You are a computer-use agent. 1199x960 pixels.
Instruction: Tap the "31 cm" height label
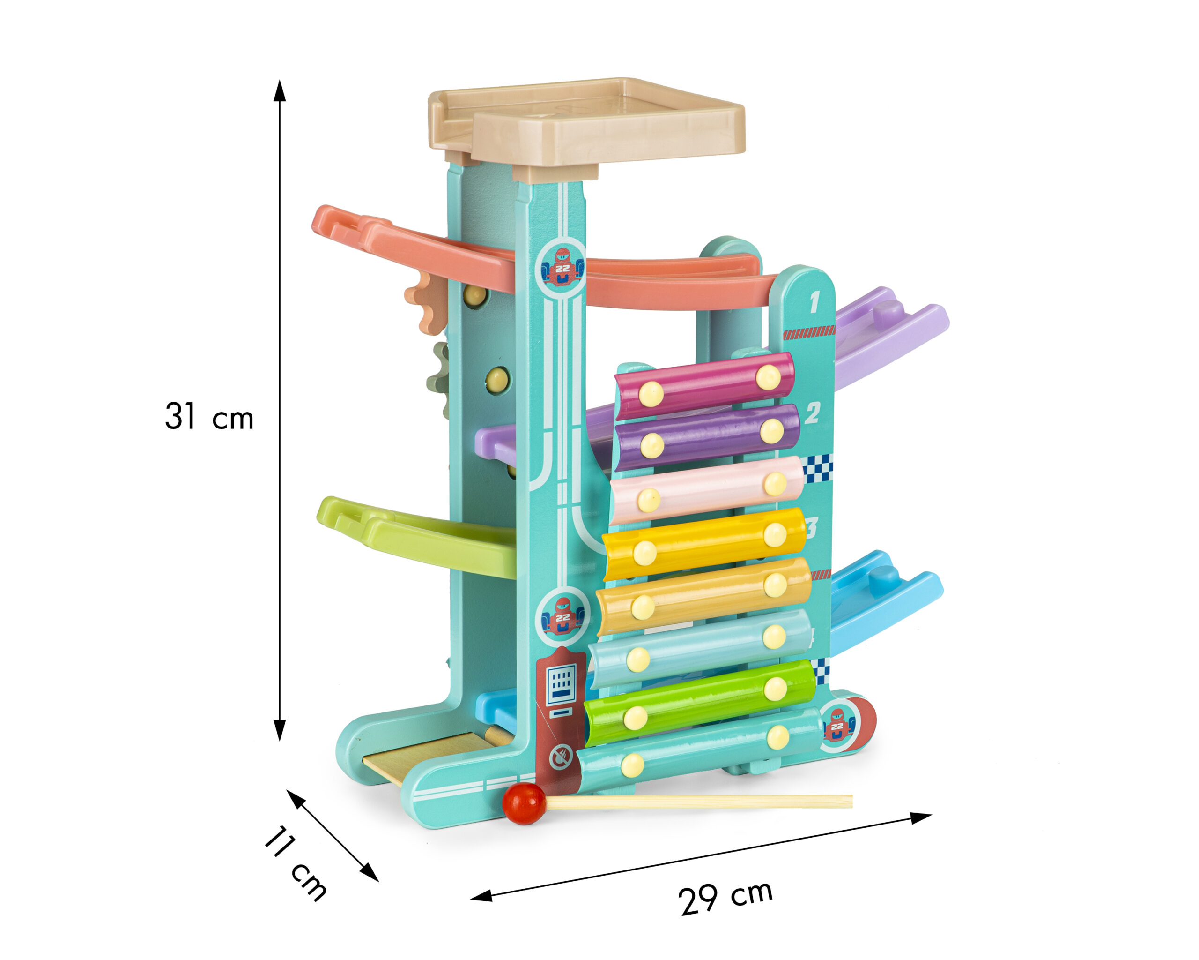click(x=209, y=416)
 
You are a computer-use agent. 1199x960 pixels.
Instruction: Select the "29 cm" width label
click(x=725, y=897)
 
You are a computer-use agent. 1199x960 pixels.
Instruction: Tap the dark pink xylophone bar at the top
click(x=704, y=386)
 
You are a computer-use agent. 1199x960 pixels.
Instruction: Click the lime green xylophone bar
click(x=700, y=703)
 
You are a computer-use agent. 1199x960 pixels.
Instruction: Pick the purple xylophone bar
click(x=707, y=437)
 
